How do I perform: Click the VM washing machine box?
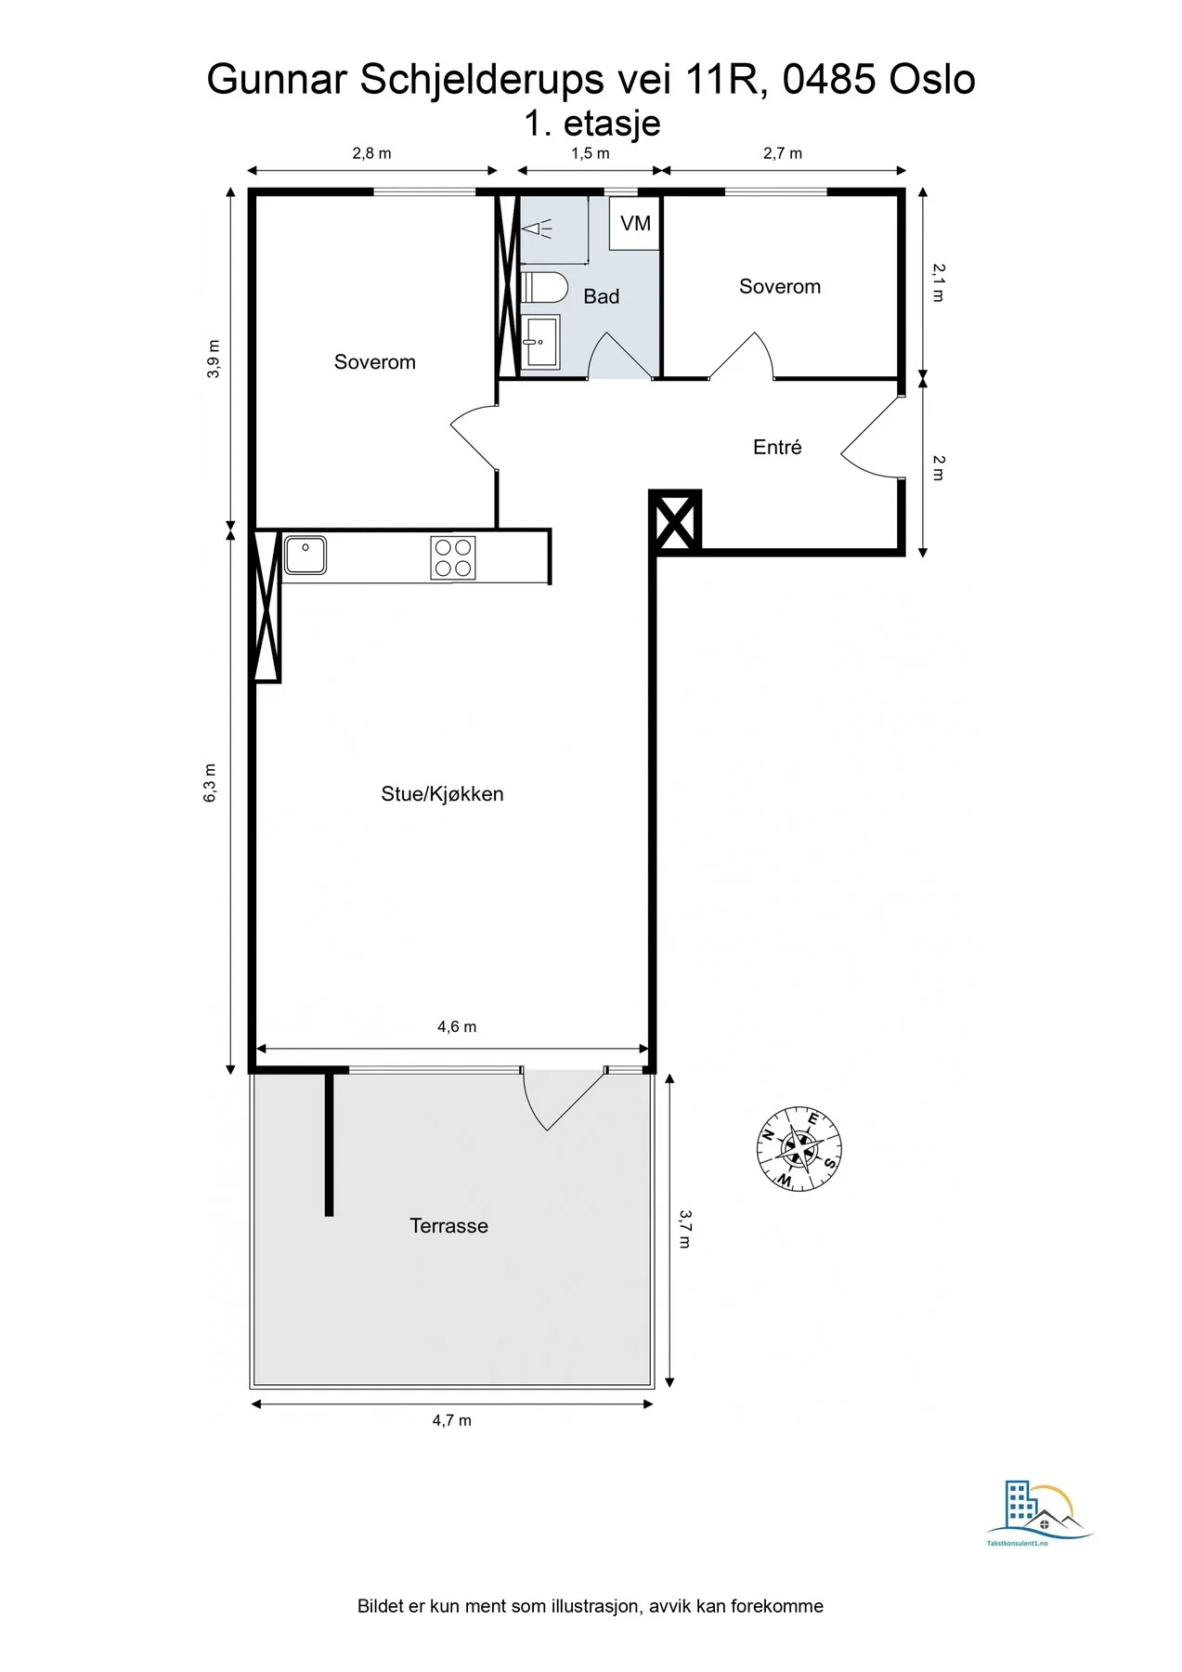point(634,223)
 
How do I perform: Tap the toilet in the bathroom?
point(545,287)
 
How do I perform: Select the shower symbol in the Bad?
point(537,228)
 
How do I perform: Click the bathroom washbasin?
point(540,342)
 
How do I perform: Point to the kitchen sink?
point(305,555)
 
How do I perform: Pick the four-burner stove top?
point(453,557)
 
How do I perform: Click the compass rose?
point(799,1148)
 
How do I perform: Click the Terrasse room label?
point(448,1225)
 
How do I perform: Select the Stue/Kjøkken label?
point(442,793)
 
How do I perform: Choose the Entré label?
point(777,447)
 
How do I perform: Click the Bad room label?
point(601,296)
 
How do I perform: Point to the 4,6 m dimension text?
point(457,1026)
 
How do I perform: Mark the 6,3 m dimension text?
point(211,783)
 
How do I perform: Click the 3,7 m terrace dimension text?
point(684,1228)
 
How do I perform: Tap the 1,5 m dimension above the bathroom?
point(591,153)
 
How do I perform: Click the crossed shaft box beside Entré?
point(676,521)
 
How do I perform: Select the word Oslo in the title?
point(931,80)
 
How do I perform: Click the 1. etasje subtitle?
point(592,123)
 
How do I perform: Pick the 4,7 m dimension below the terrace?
point(452,1420)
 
